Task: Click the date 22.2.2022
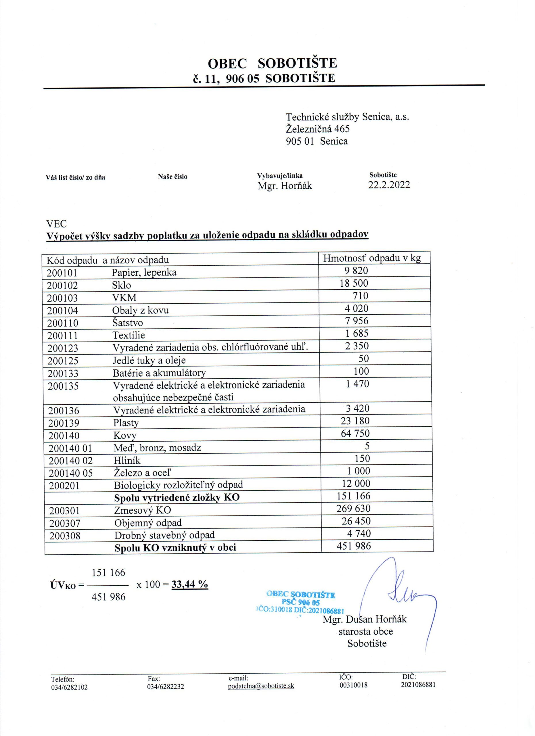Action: tap(389, 185)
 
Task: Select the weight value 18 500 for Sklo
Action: tap(354, 283)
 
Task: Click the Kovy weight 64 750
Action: tap(355, 434)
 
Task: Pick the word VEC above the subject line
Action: tap(56, 224)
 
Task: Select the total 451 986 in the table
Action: tap(354, 546)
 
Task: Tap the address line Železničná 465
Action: tap(318, 129)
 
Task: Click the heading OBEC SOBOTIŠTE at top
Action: tap(272, 63)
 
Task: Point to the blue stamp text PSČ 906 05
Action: tap(301, 603)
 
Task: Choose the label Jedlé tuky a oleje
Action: tap(149, 360)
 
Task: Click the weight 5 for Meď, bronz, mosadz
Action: tap(367, 446)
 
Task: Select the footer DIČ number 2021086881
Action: tap(418, 685)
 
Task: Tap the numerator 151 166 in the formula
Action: tap(108, 572)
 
